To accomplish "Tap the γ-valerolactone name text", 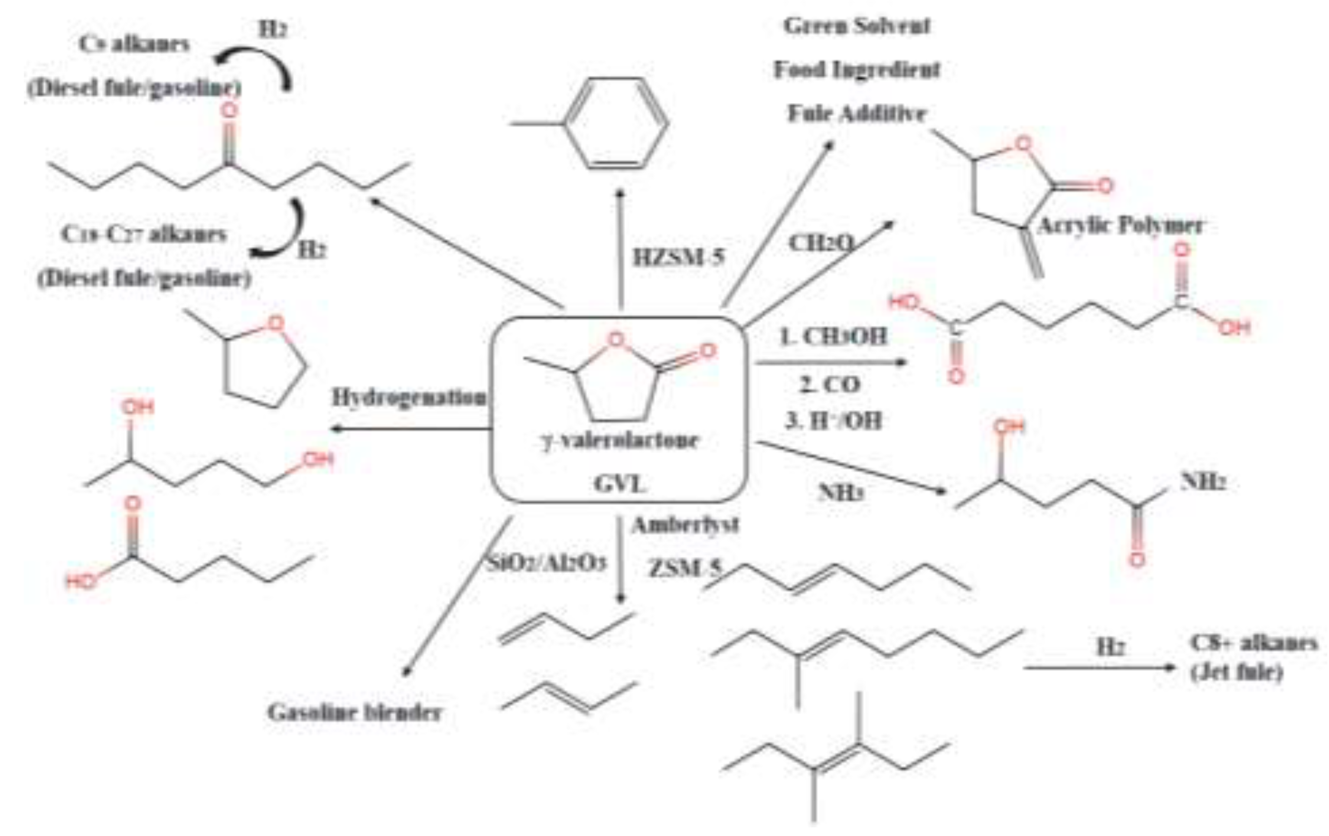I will tap(619, 441).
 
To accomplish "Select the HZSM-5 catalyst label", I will tap(678, 257).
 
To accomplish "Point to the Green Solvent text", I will tap(857, 26).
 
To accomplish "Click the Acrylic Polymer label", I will tap(1121, 225).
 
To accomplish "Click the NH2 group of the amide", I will tap(1203, 482).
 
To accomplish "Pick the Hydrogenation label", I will tap(409, 397).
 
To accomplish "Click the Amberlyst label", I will tap(685, 525).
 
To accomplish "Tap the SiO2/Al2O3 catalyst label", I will tap(547, 563).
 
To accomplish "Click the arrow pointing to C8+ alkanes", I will tap(1098, 668).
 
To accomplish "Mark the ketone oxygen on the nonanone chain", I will tap(228, 111).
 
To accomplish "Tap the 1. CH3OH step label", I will tap(834, 336).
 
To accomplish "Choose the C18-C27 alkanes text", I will tap(143, 234).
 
